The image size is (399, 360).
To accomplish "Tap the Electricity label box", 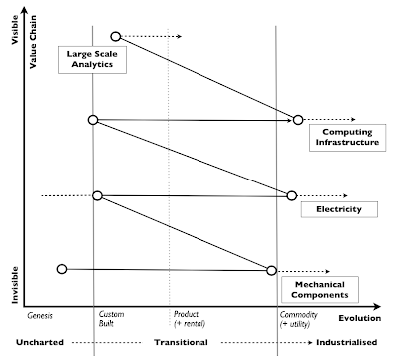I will click(330, 210).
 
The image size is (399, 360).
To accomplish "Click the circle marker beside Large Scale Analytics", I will click(116, 37).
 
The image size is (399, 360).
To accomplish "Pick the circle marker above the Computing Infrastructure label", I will click(297, 120).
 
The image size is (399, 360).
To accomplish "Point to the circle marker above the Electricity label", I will click(291, 196).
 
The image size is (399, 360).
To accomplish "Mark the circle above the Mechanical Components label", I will click(271, 270).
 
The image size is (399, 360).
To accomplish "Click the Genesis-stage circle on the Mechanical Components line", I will click(62, 268).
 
